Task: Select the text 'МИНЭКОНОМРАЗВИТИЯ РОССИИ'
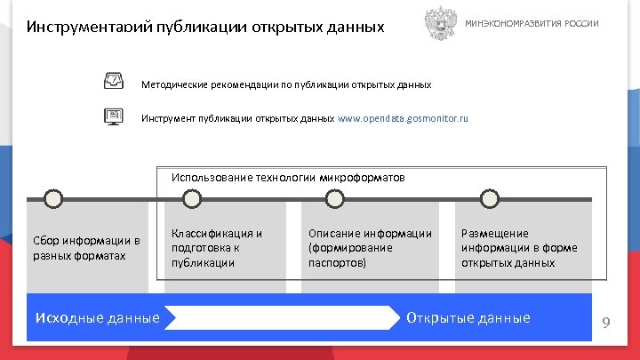[x=532, y=23]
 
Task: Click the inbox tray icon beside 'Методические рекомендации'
[x=115, y=83]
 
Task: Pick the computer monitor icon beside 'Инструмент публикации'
[x=115, y=116]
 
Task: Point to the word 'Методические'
[x=175, y=84]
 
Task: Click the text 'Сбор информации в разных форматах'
[x=86, y=248]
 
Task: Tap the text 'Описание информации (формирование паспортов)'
[x=370, y=248]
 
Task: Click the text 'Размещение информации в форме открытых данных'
[x=508, y=248]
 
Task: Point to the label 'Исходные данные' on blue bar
[x=97, y=318]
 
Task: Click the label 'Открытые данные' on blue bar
[x=468, y=318]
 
